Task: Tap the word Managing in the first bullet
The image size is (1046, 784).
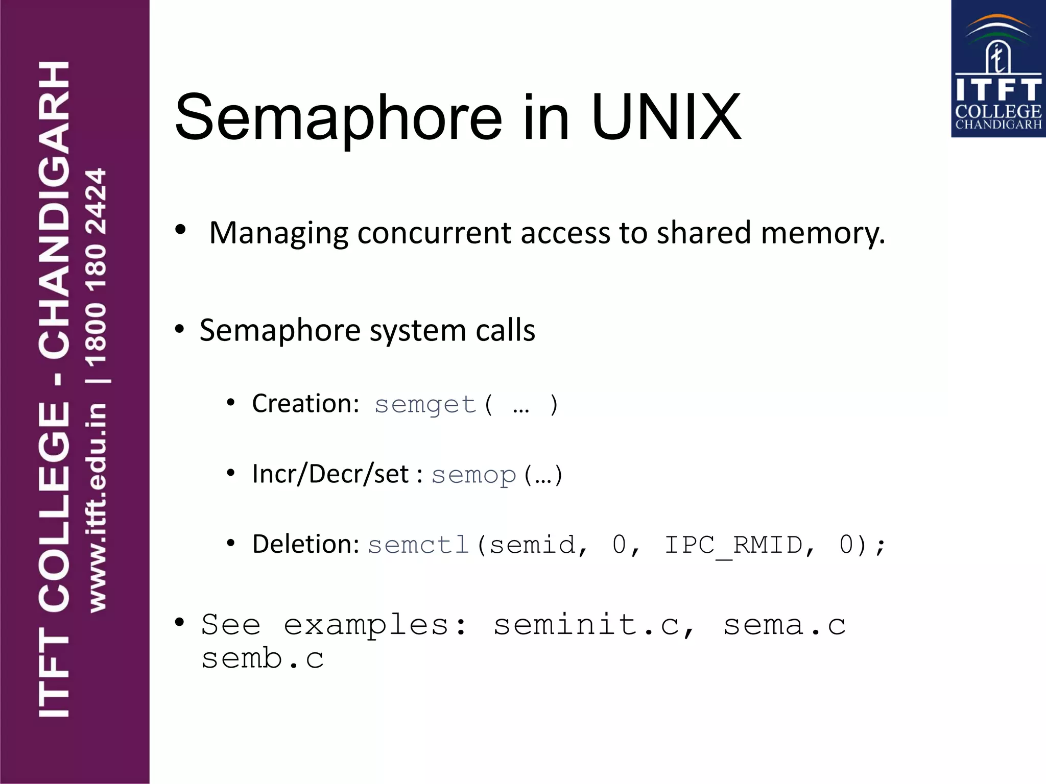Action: pyautogui.click(x=278, y=233)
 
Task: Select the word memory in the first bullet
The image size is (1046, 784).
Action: pyautogui.click(x=822, y=233)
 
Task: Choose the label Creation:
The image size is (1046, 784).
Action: pyautogui.click(x=306, y=404)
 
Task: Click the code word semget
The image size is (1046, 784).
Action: pyautogui.click(x=425, y=405)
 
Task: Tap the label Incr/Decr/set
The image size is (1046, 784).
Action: pyautogui.click(x=330, y=474)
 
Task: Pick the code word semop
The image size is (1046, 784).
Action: pyautogui.click(x=473, y=475)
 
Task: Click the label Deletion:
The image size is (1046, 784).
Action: pyautogui.click(x=306, y=544)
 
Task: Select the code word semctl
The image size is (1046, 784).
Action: pyautogui.click(x=418, y=545)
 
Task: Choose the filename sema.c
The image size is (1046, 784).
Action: pyautogui.click(x=784, y=625)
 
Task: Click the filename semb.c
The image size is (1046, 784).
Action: pyautogui.click(x=263, y=658)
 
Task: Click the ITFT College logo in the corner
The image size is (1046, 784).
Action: pyautogui.click(x=998, y=69)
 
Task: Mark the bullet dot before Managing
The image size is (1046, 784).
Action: pyautogui.click(x=180, y=230)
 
